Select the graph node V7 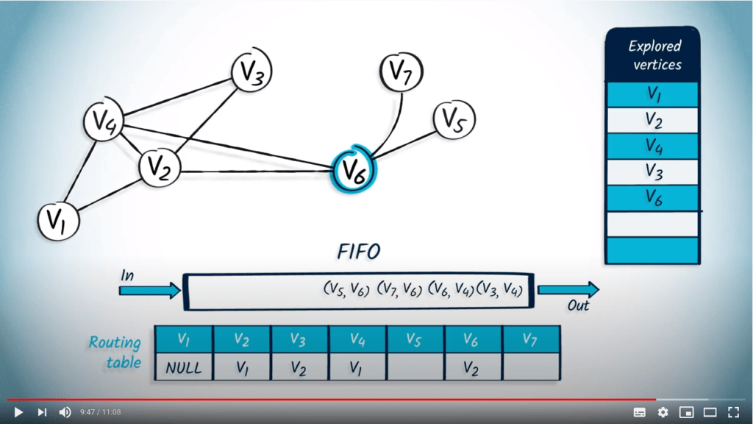[x=402, y=72]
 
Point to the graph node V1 [x=58, y=219]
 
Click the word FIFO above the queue [x=358, y=252]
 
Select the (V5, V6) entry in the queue [x=346, y=290]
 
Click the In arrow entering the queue [x=149, y=290]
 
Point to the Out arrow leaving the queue [x=568, y=289]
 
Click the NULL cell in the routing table [x=183, y=367]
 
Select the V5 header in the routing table [x=415, y=339]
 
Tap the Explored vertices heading [x=653, y=55]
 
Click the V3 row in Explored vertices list [x=653, y=171]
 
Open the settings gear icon [x=663, y=412]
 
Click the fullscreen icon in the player [x=733, y=412]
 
